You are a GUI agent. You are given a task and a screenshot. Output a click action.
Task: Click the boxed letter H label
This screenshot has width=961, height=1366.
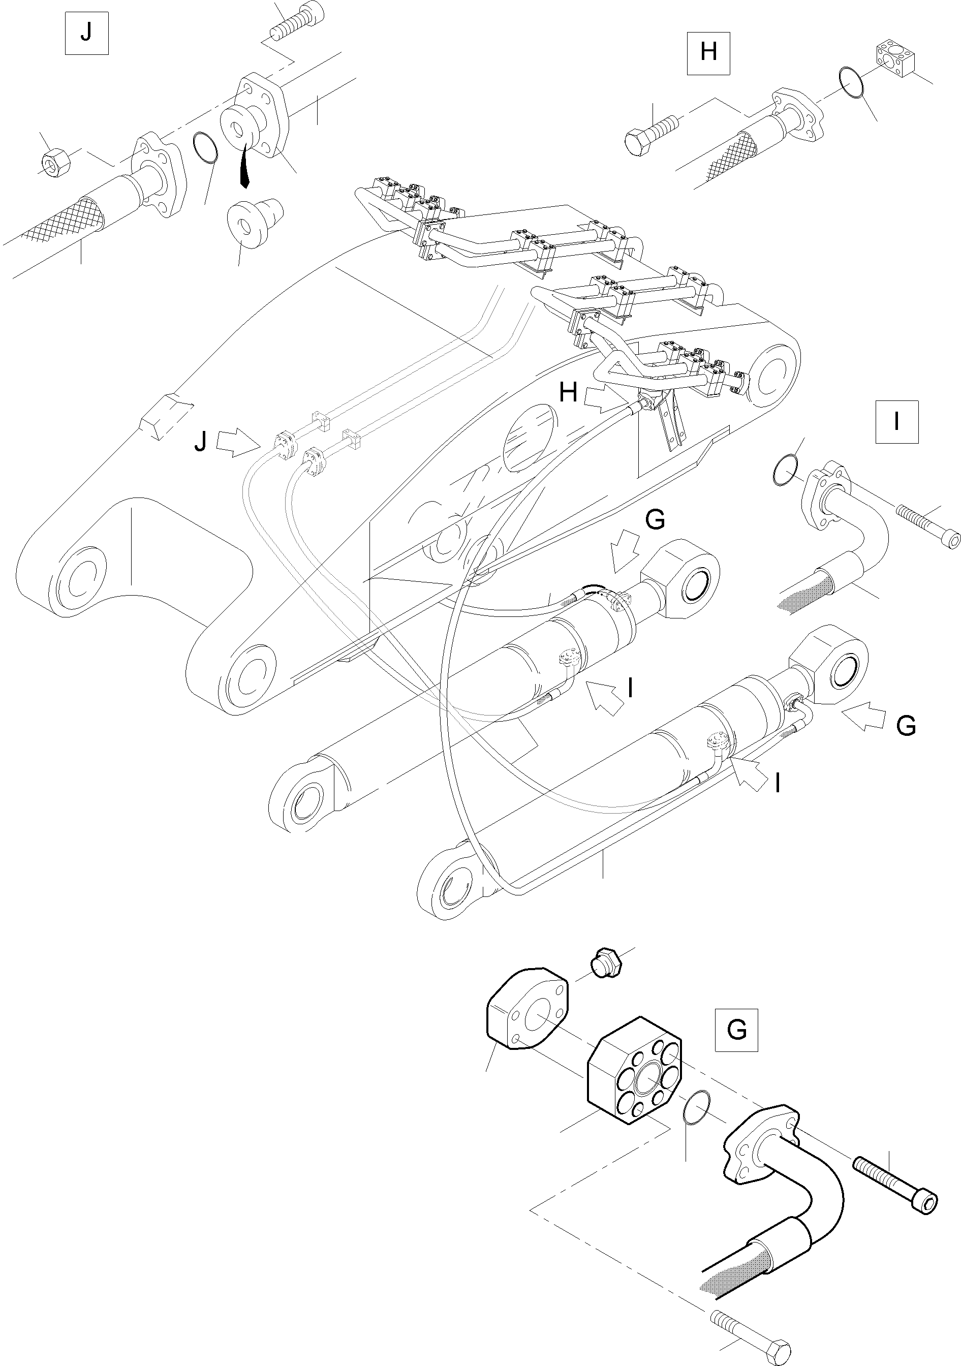[x=708, y=53]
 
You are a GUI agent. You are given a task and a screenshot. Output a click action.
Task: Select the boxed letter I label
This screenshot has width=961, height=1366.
[x=897, y=422]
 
